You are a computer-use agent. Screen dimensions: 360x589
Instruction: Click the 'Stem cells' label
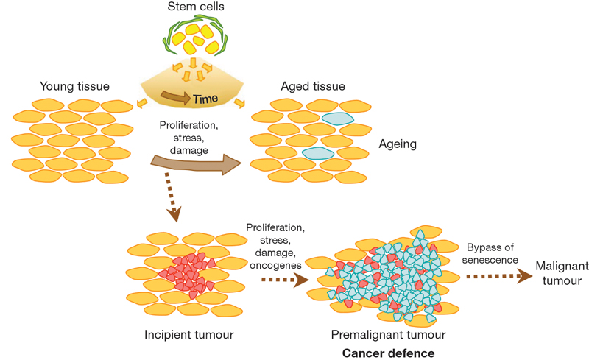click(195, 8)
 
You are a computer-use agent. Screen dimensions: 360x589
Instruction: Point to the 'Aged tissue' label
click(313, 87)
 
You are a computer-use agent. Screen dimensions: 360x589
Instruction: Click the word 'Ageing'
click(398, 144)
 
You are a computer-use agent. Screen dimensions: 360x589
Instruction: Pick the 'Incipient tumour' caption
click(189, 335)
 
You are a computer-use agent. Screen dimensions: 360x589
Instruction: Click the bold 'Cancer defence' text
click(388, 353)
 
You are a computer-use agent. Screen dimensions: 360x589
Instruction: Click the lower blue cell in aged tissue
click(317, 153)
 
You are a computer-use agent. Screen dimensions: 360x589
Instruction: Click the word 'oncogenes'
click(272, 264)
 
